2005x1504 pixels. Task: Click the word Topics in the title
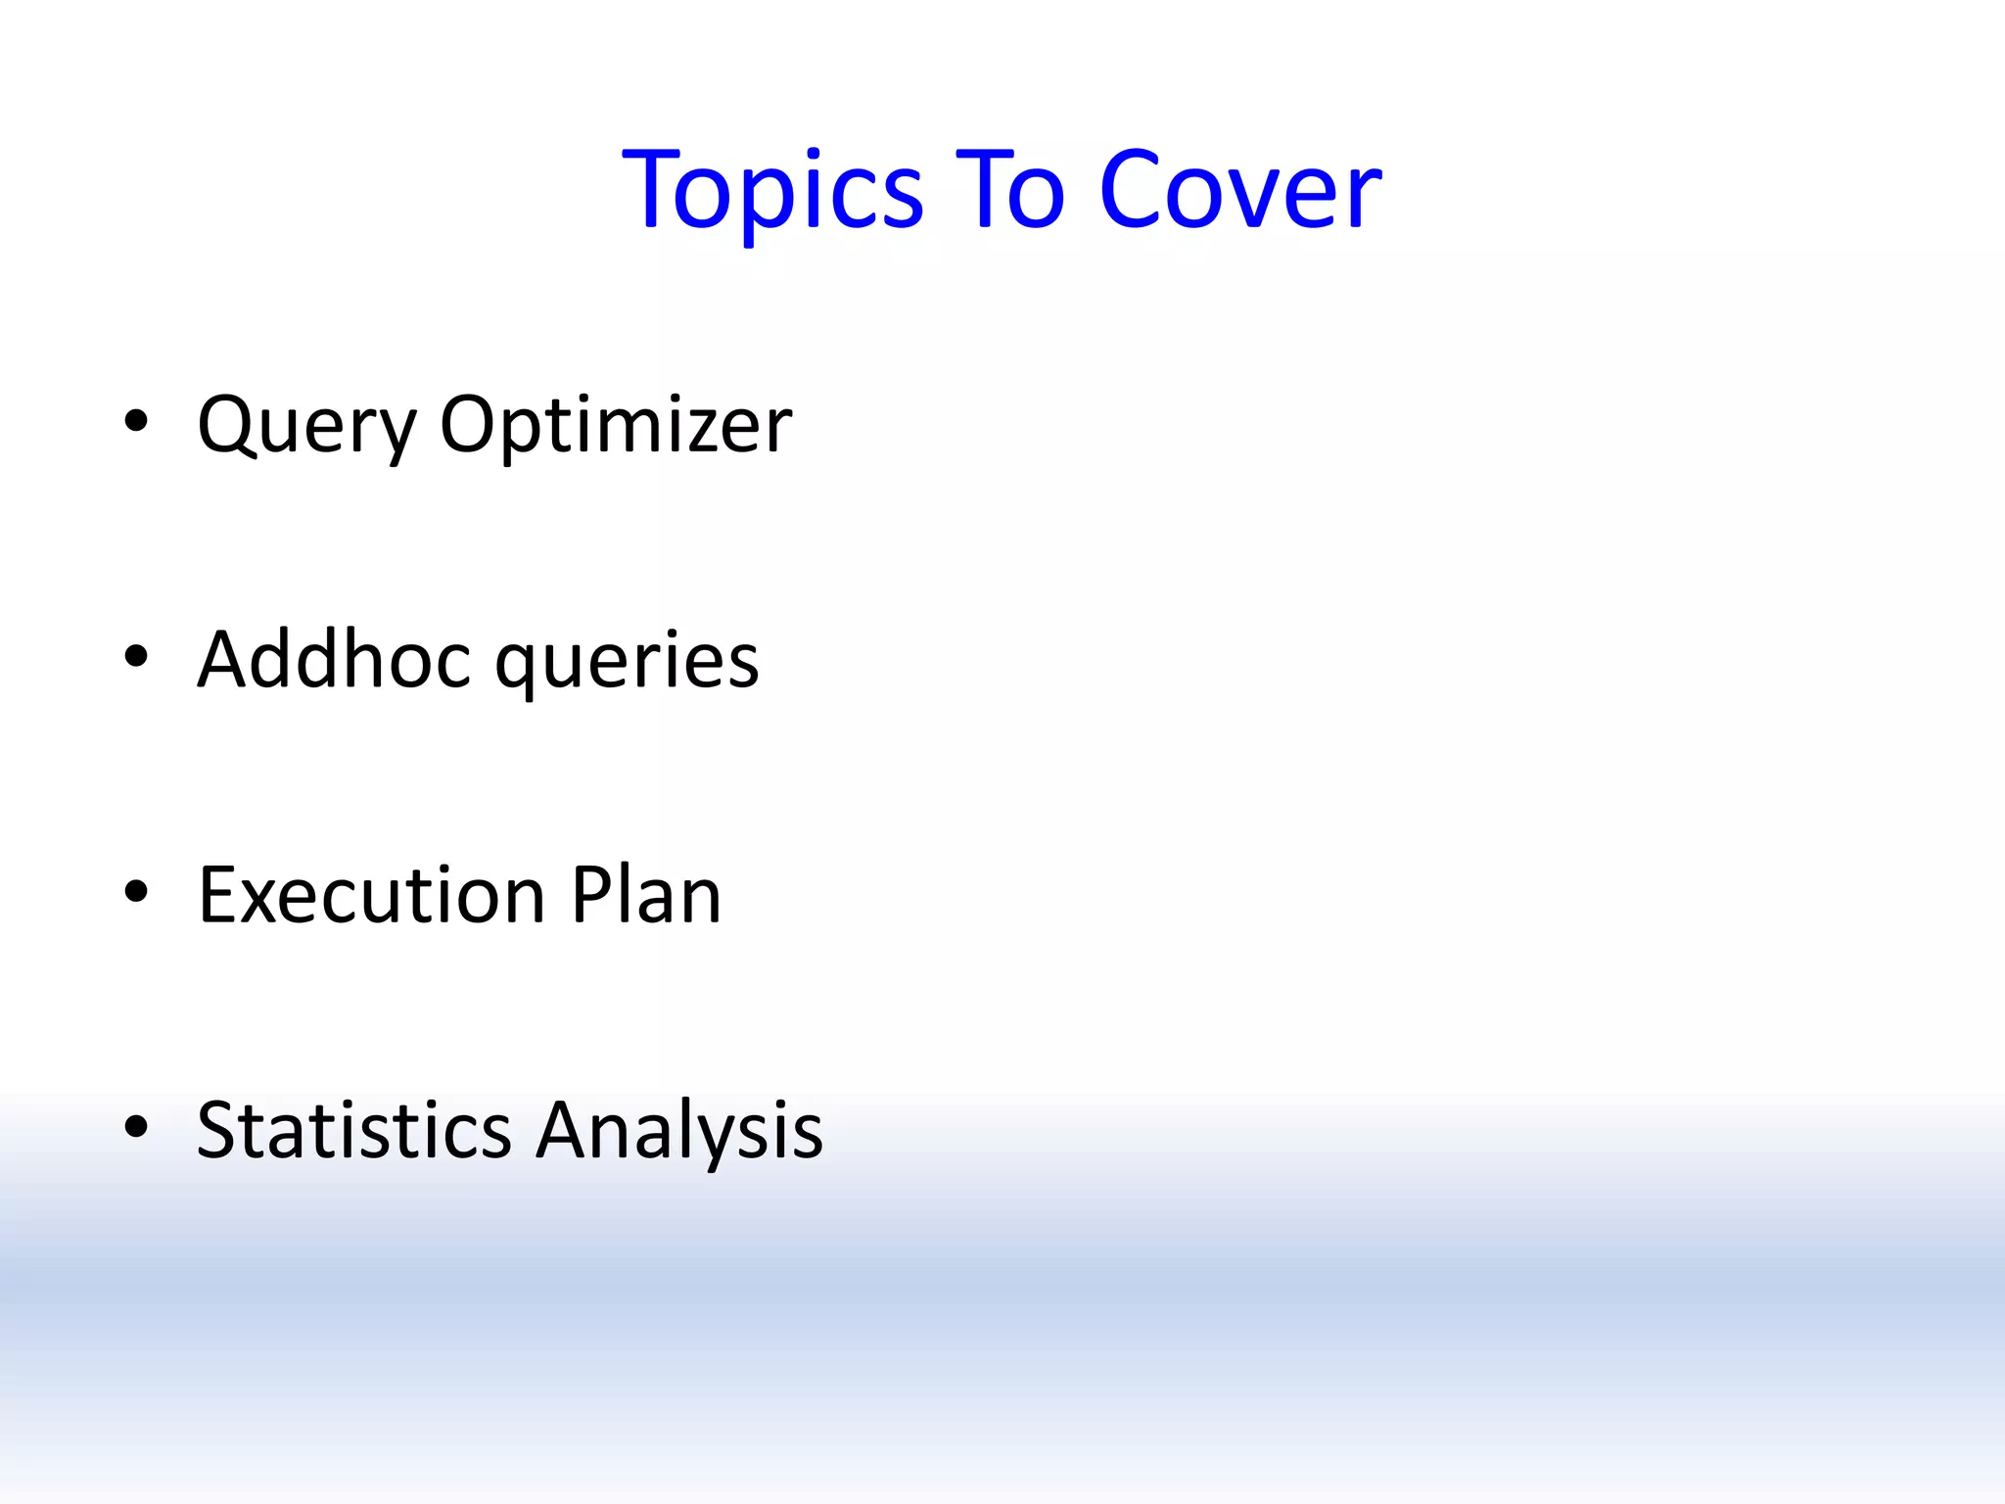tap(773, 191)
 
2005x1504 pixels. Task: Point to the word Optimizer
tap(616, 427)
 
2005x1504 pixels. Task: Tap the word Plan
tap(646, 895)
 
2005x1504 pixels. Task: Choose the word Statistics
tap(354, 1130)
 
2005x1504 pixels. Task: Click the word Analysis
tap(680, 1132)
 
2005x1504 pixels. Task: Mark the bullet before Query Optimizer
tap(136, 422)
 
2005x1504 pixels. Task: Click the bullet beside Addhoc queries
tap(136, 657)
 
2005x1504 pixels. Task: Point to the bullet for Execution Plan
tap(136, 892)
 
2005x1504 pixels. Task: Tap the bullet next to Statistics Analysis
tap(136, 1127)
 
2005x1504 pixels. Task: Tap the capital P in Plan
tap(591, 895)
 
